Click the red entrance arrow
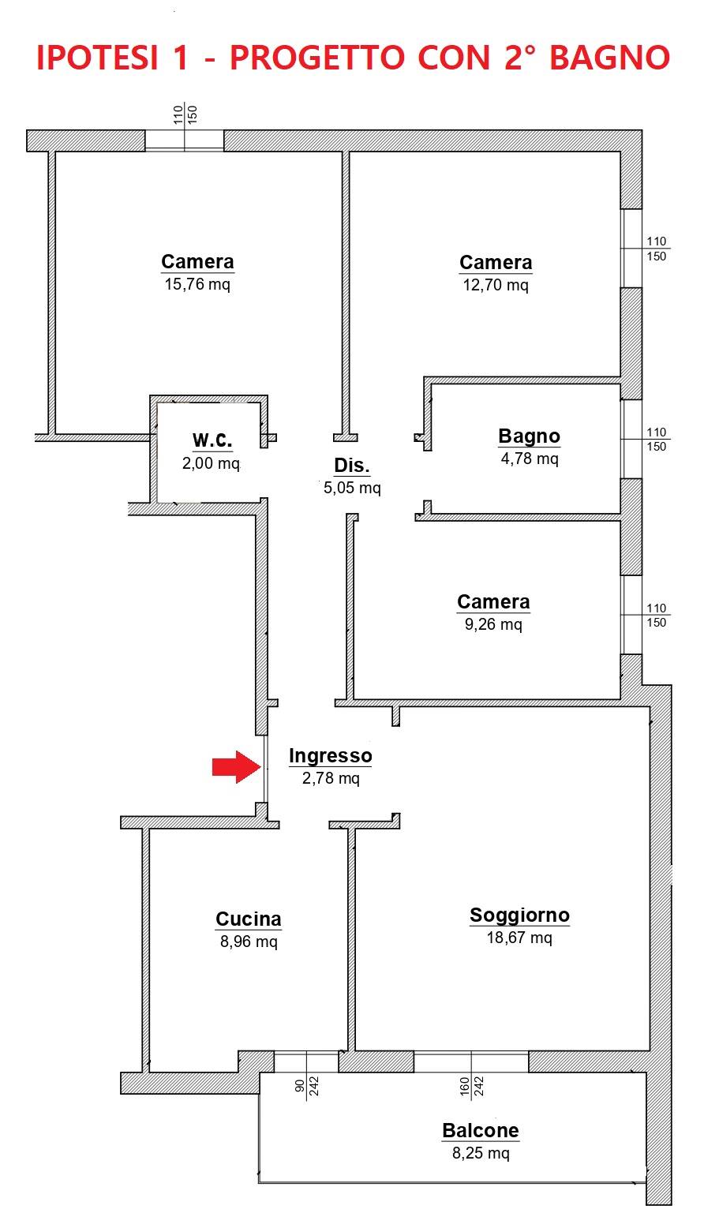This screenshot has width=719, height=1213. (237, 766)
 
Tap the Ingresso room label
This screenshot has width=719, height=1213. (330, 755)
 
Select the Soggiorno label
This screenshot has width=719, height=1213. (519, 915)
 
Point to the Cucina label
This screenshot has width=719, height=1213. (249, 919)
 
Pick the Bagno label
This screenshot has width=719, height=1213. (529, 436)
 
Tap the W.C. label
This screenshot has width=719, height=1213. (212, 440)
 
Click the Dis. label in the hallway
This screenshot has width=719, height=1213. (352, 465)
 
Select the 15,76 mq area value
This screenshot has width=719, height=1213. (197, 284)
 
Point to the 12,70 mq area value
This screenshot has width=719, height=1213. (496, 285)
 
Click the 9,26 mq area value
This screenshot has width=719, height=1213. (493, 624)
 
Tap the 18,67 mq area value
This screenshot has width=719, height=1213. (519, 938)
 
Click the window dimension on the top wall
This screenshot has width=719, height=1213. (185, 114)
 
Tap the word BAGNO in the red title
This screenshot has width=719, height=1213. (609, 58)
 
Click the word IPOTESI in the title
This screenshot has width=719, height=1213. (97, 58)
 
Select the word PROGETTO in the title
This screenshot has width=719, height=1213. (317, 58)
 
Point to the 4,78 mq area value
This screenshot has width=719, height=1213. (530, 459)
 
